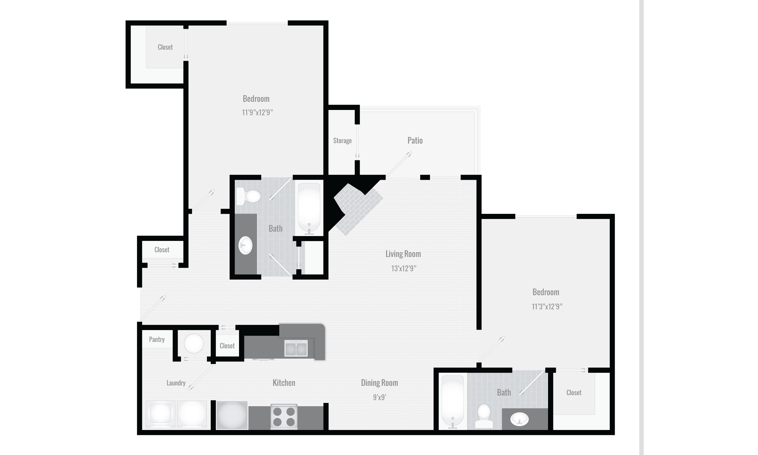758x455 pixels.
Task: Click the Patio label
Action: coord(415,141)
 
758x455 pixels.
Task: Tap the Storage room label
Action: coord(342,141)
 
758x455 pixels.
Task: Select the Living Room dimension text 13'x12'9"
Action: coord(404,268)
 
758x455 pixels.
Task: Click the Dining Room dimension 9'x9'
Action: coord(379,397)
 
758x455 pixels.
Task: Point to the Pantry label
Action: coord(157,339)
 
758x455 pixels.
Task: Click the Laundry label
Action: coord(176,383)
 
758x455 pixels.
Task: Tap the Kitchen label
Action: coord(284,383)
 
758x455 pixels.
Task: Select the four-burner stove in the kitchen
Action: coord(284,416)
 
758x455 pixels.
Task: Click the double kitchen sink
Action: coord(296,349)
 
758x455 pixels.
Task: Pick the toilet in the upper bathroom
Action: coord(249,196)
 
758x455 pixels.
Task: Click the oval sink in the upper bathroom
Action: coord(245,245)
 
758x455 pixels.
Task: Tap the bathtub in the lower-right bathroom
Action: coord(453,401)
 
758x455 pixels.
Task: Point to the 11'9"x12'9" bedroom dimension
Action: coord(257,112)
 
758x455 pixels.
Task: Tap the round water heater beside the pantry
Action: coord(194,343)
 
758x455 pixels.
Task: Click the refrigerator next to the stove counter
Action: coord(232,415)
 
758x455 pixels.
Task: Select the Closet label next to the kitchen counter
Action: coord(227,346)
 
